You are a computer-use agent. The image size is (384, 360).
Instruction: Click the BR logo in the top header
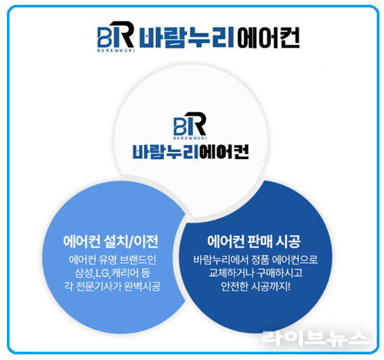(x=116, y=36)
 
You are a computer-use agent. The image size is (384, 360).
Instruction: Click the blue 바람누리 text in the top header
(x=186, y=37)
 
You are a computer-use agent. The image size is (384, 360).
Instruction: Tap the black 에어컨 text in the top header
(x=269, y=38)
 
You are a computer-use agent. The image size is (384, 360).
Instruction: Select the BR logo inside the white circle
(x=190, y=126)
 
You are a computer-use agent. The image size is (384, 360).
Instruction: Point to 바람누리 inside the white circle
(x=165, y=151)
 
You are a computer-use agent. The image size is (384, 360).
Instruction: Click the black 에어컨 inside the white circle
(x=224, y=151)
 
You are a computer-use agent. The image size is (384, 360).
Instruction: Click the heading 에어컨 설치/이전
(x=111, y=241)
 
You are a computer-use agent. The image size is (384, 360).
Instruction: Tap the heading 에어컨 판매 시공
(x=254, y=241)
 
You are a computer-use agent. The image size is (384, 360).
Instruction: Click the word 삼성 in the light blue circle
(x=84, y=273)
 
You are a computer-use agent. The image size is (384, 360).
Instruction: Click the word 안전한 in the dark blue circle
(x=235, y=286)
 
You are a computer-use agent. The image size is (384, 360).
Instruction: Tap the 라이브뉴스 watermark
(x=316, y=338)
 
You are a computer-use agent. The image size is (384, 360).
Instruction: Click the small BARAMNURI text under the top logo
(x=116, y=50)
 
